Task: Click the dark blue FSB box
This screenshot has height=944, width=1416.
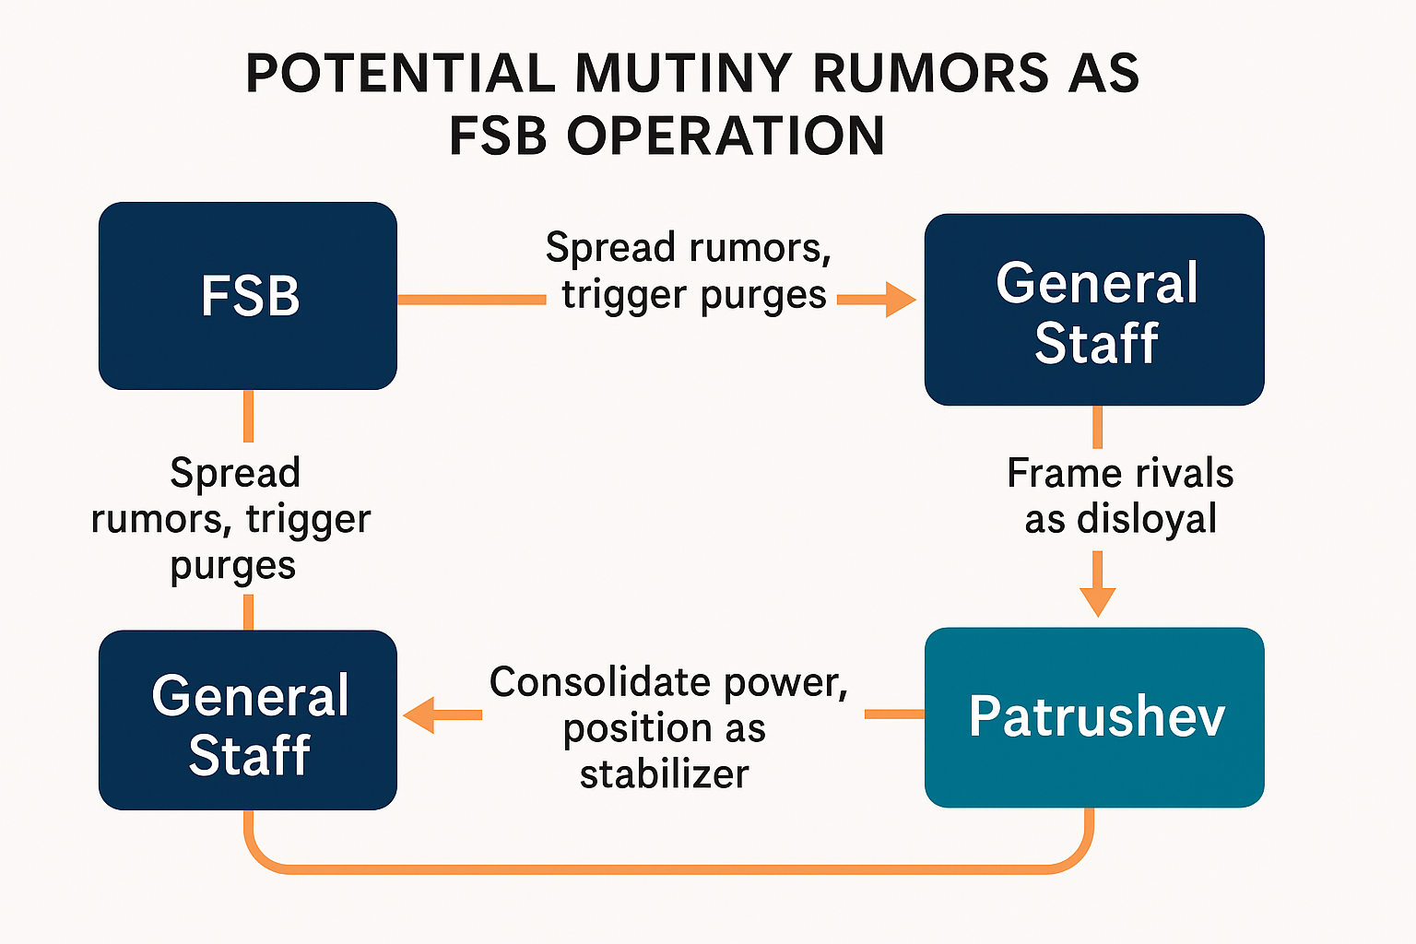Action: click(248, 296)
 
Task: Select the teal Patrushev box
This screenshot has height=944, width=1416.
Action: click(1094, 717)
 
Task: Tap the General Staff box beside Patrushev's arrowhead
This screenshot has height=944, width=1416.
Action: click(248, 721)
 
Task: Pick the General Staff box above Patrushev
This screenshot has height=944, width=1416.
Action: click(1094, 310)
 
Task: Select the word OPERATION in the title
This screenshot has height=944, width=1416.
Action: click(726, 136)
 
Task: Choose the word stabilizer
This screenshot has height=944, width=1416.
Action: click(664, 773)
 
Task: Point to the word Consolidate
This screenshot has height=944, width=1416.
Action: click(599, 682)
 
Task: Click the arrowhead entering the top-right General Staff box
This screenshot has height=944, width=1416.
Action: click(898, 300)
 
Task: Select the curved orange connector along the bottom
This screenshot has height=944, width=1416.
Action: click(668, 868)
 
